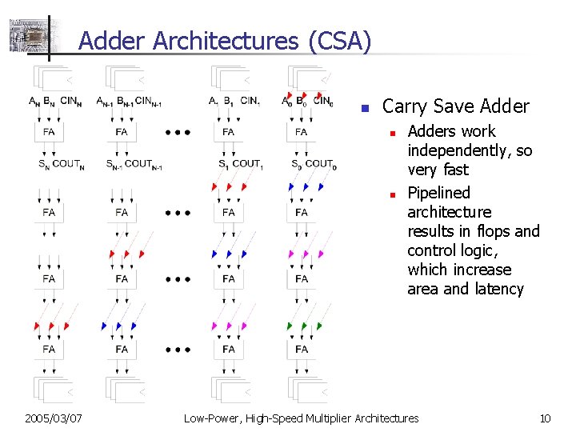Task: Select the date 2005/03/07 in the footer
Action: [54, 418]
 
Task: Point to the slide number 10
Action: [546, 418]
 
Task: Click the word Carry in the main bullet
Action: [406, 106]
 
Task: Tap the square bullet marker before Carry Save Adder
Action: [363, 108]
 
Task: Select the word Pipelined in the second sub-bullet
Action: [438, 193]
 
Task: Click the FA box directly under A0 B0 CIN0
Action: [301, 132]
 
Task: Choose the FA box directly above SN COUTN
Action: [49, 132]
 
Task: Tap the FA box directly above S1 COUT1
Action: [229, 132]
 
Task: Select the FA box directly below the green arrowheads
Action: [301, 350]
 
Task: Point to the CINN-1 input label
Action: [148, 102]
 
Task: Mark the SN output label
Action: [42, 165]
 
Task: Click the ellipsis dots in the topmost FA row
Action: [178, 133]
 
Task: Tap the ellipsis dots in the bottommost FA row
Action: [178, 350]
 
